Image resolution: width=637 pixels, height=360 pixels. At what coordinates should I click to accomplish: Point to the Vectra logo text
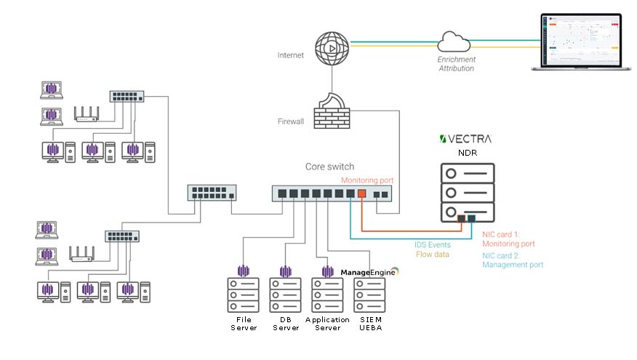tap(466, 139)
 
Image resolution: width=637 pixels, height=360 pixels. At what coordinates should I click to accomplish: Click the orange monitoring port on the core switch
tap(361, 194)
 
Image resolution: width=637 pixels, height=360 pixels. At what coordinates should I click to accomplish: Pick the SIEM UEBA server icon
tap(369, 296)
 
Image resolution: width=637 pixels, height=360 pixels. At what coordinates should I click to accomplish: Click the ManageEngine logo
tap(370, 272)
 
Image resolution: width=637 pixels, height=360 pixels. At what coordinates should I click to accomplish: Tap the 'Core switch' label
tap(329, 167)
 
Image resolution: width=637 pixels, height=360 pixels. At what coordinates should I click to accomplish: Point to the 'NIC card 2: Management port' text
tap(513, 260)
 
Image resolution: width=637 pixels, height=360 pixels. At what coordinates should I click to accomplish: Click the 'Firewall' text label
tap(290, 121)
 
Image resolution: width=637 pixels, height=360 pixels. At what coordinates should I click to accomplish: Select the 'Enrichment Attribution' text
tap(456, 63)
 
